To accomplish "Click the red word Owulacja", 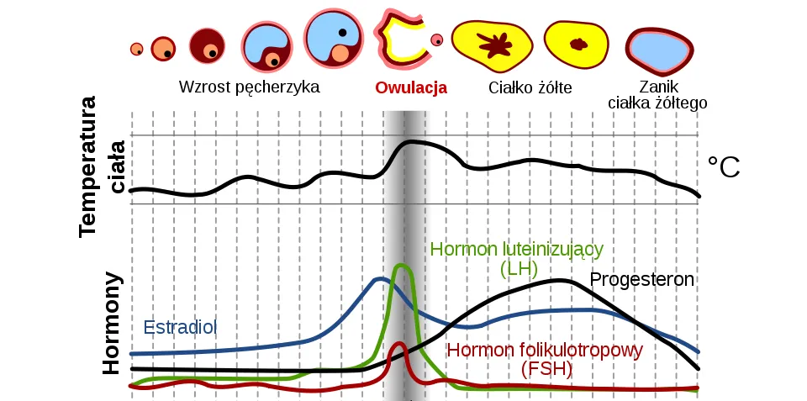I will (x=411, y=87).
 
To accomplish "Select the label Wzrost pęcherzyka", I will (x=250, y=87).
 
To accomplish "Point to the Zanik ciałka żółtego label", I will (x=658, y=94).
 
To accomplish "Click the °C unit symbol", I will (x=723, y=167).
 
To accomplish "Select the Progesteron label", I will (x=643, y=279).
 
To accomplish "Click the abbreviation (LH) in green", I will (x=517, y=269).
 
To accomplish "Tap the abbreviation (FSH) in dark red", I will (x=546, y=368).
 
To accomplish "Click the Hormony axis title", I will (x=112, y=323).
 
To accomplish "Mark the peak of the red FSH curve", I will (x=400, y=343).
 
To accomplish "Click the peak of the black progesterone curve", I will (x=556, y=280).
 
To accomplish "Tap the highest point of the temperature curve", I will (x=411, y=141).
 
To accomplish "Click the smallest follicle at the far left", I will (x=136, y=50).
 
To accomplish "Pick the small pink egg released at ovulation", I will (x=436, y=40).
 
